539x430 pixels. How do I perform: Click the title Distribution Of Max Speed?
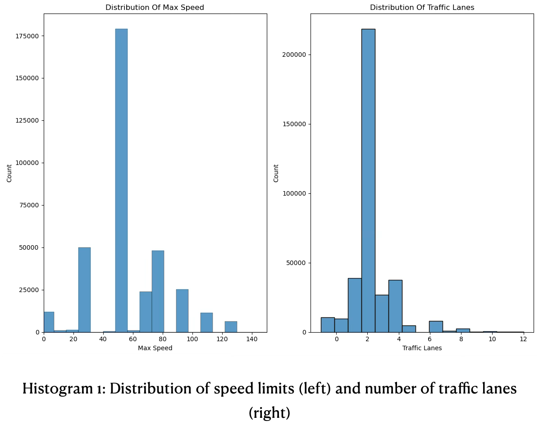[x=155, y=8]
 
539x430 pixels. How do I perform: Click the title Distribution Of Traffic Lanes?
[x=422, y=8]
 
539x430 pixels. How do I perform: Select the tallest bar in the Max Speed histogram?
[x=121, y=180]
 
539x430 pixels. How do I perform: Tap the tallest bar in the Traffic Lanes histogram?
[x=368, y=180]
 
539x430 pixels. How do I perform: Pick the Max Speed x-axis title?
[x=155, y=348]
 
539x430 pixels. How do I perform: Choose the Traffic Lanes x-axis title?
[x=422, y=348]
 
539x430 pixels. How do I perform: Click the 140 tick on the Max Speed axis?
[x=252, y=339]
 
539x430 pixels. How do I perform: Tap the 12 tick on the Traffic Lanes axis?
[x=523, y=339]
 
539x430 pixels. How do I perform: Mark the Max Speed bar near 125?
[x=231, y=327]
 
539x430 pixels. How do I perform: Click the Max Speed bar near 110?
[x=206, y=323]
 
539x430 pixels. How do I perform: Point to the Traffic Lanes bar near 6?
[x=435, y=327]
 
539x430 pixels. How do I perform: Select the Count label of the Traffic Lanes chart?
[x=276, y=173]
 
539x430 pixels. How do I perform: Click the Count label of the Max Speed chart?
[x=9, y=173]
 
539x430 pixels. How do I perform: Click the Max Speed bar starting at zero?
[x=49, y=322]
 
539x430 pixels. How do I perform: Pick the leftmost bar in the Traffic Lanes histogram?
[x=327, y=325]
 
